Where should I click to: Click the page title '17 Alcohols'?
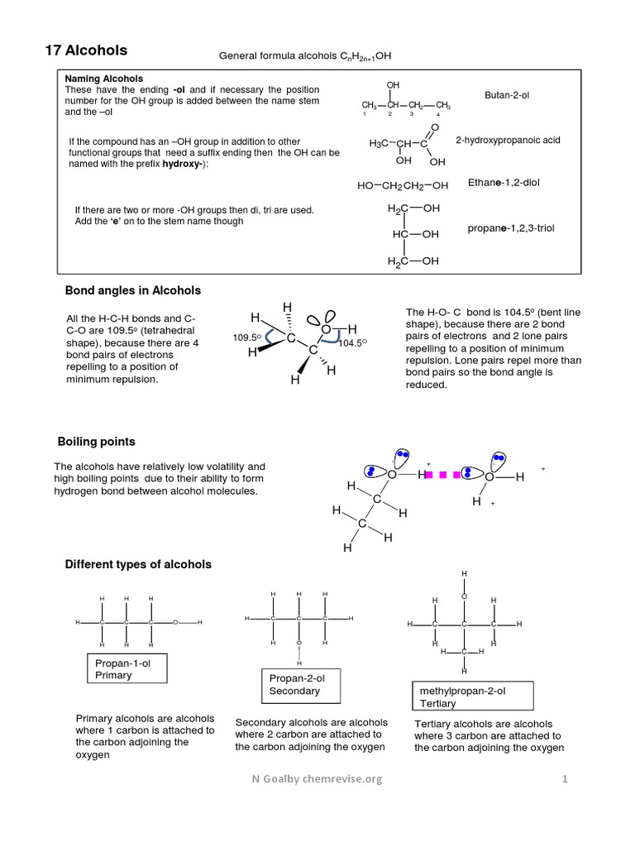coord(86,50)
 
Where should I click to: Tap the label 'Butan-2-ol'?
coord(507,96)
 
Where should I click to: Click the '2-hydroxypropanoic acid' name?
coord(508,141)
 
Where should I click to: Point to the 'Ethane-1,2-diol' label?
coord(504,182)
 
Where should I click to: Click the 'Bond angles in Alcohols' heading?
coord(133,290)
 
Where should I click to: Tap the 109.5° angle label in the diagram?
coord(246,337)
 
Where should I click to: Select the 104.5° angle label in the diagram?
coord(352,342)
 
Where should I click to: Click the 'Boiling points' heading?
coord(96,442)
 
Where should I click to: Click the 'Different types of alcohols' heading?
coord(138,564)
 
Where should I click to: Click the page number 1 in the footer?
coord(566,779)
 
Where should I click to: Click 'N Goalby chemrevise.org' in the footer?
coord(317,779)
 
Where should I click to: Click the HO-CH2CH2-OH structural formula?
coord(403,186)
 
